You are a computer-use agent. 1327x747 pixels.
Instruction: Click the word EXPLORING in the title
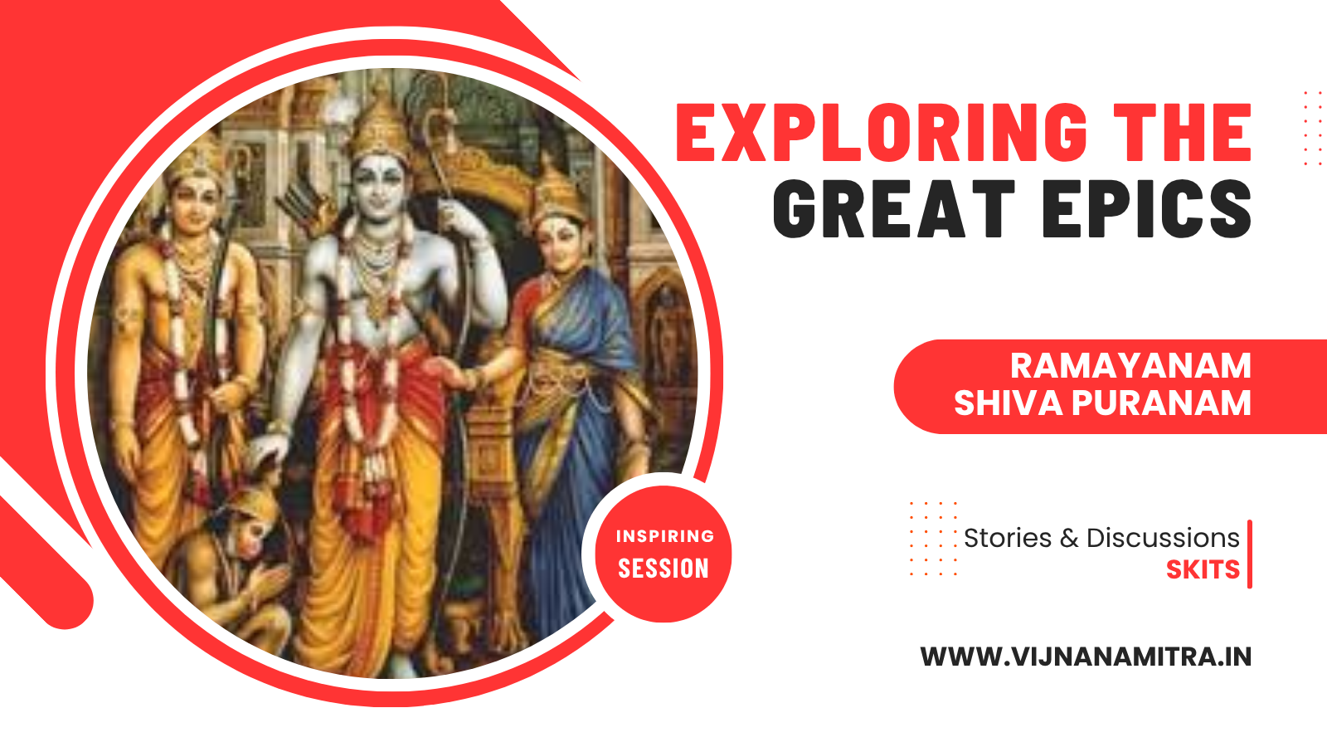tap(882, 132)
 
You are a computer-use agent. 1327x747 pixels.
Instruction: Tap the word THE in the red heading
tap(1183, 132)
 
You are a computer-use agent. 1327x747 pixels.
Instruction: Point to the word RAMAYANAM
tap(1130, 365)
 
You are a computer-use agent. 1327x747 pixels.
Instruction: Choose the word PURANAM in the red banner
tap(1161, 403)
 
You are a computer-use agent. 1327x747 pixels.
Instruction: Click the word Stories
tap(1008, 539)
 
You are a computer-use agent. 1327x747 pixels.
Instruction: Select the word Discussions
tap(1162, 539)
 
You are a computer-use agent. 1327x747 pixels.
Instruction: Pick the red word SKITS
tap(1203, 569)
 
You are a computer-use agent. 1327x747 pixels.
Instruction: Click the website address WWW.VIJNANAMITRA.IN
tap(1086, 657)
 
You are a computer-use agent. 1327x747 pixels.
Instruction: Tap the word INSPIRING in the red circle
tap(664, 536)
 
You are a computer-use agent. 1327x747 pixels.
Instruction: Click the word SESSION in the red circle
tap(663, 568)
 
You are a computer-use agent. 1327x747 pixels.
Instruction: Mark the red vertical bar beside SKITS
tap(1249, 554)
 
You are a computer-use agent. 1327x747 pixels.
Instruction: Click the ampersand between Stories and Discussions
tap(1069, 539)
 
